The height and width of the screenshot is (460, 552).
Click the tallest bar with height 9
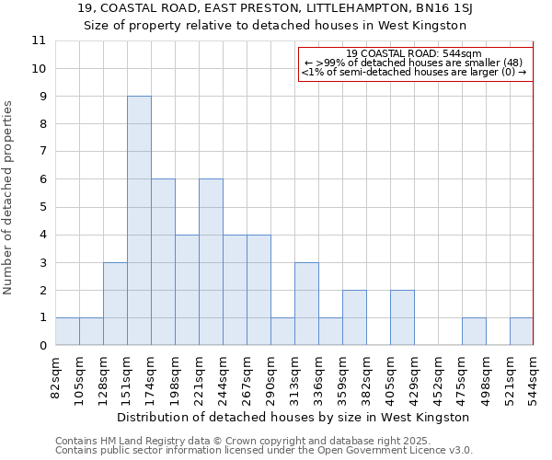[x=139, y=221]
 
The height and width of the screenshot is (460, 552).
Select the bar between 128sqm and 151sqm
[x=115, y=304]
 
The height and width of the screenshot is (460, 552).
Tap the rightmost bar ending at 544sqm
[x=522, y=331]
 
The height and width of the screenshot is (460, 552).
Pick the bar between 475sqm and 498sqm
[x=474, y=331]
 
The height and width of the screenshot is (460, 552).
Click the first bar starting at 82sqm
[x=67, y=331]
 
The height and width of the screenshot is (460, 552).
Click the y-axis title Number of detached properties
[x=8, y=198]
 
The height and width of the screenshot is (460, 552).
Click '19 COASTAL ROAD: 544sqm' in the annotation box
[x=415, y=53]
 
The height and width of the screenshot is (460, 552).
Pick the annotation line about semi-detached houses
[x=415, y=72]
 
